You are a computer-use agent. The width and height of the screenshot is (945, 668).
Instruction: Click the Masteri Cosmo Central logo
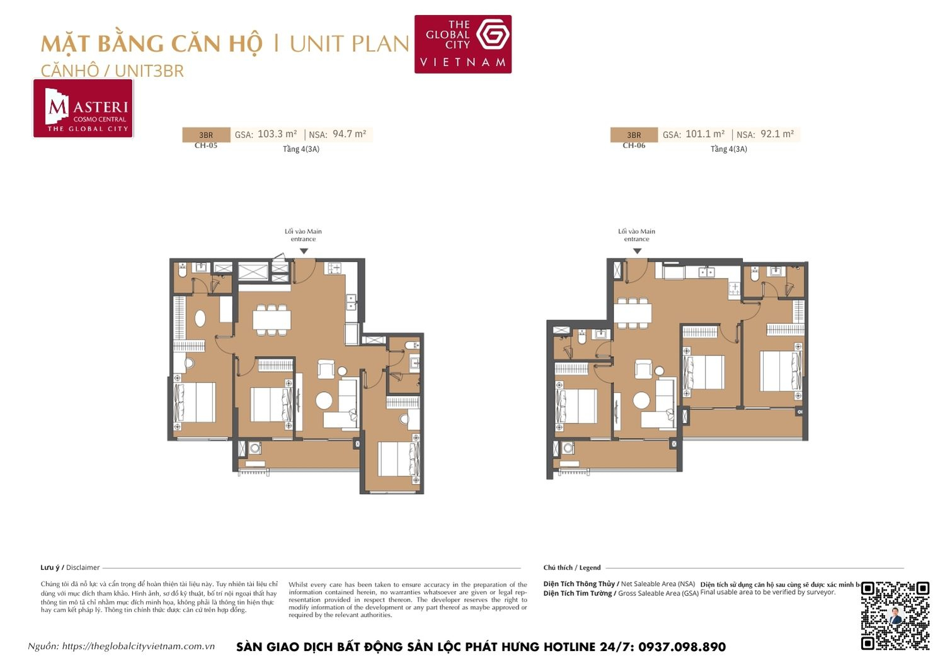tap(83, 108)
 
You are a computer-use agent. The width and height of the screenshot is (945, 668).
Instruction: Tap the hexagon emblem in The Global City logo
tap(492, 35)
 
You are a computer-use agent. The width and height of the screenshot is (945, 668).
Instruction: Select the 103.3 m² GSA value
tap(277, 134)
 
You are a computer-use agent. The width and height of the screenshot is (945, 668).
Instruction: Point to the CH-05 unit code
tap(206, 146)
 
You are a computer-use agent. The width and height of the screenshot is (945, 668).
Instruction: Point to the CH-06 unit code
tap(634, 146)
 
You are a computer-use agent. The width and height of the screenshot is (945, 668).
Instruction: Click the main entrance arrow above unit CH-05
tap(304, 251)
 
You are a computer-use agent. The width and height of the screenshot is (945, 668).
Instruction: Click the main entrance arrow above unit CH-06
tap(637, 251)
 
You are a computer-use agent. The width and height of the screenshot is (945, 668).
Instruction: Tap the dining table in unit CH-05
tap(272, 320)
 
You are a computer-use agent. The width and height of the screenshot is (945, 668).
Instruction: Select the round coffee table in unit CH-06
tap(642, 400)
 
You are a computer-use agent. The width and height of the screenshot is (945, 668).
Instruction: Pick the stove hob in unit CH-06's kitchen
tap(735, 289)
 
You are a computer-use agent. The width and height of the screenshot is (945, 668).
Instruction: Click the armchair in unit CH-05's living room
tap(326, 369)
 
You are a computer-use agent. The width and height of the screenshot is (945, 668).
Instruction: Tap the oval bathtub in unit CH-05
tap(200, 318)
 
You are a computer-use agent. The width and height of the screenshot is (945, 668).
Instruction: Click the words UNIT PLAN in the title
tap(349, 44)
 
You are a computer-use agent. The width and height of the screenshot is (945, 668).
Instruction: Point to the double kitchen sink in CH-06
tap(707, 272)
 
